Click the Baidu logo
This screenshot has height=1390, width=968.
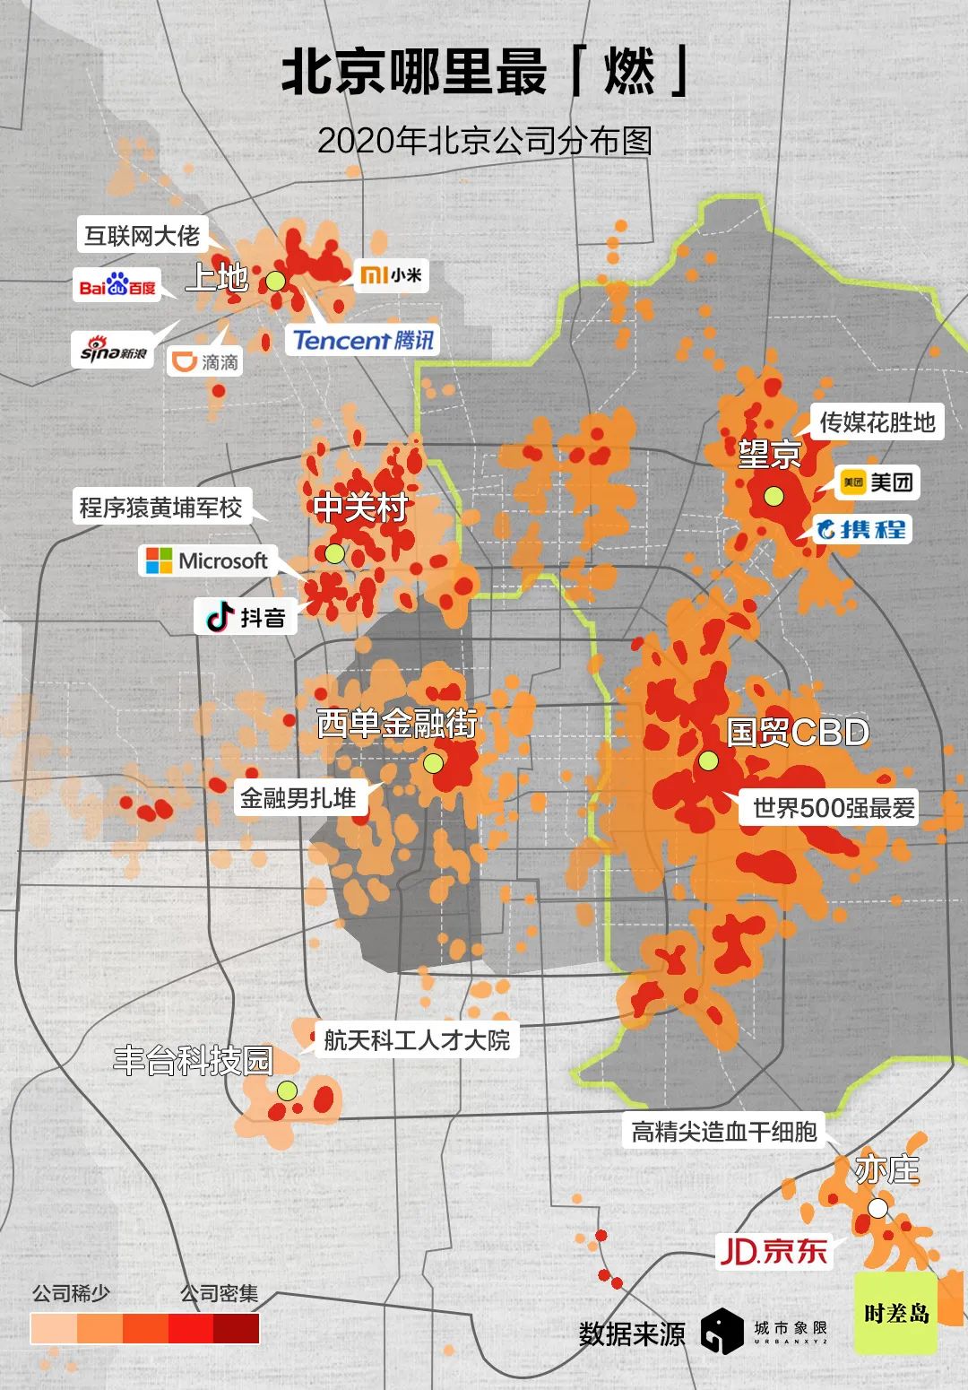pos(117,285)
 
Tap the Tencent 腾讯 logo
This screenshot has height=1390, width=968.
pos(363,340)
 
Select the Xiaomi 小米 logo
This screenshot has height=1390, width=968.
pos(391,274)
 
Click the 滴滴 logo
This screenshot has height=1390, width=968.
pos(205,361)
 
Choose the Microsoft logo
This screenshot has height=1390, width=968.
pos(207,561)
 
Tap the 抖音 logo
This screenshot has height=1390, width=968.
pos(246,617)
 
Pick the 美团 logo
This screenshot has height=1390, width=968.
pos(877,482)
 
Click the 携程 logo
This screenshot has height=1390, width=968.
pos(860,529)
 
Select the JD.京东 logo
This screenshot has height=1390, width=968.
pos(773,1250)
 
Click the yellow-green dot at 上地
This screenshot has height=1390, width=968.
pos(275,281)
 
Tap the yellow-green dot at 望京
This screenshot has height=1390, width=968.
pos(774,496)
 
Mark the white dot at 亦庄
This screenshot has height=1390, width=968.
pos(878,1208)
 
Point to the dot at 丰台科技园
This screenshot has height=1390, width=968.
pos(287,1090)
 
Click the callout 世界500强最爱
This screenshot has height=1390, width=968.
pos(834,808)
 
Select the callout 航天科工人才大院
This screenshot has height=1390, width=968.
pos(417,1040)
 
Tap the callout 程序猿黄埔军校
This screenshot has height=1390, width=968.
pos(161,508)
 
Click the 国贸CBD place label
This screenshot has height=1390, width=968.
pos(798,732)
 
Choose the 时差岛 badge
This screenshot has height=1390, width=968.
pos(895,1313)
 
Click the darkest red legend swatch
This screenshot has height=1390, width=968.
pos(237,1329)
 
